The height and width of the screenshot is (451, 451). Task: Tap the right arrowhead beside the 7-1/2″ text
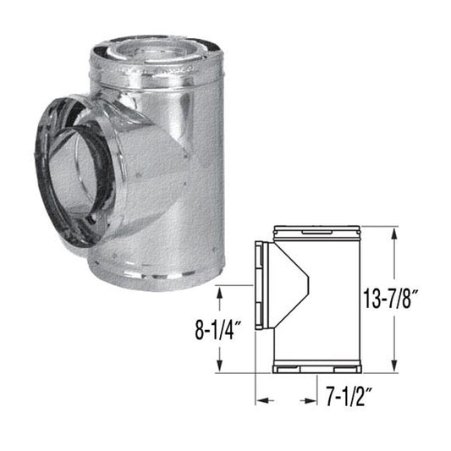[305, 397]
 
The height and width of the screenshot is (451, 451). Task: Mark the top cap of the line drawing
[319, 230]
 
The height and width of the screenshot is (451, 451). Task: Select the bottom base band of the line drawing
[319, 370]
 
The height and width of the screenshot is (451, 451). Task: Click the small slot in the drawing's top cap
[315, 230]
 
